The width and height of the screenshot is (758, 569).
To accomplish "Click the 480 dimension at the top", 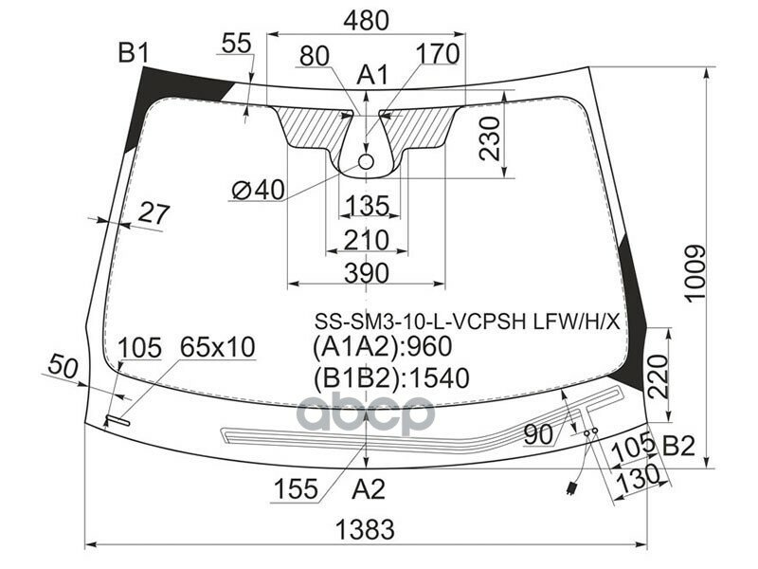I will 365,18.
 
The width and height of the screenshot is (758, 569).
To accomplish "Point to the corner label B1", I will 134,54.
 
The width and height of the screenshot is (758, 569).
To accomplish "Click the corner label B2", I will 680,445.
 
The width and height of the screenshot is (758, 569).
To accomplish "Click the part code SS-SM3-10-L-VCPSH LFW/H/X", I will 466,321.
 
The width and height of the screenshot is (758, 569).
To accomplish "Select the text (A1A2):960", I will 382,348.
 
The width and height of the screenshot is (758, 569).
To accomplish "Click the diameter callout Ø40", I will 257,191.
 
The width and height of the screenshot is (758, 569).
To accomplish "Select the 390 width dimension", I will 365,273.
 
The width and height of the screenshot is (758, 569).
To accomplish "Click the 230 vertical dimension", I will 488,139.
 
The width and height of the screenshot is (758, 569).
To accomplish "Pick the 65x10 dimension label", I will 218,348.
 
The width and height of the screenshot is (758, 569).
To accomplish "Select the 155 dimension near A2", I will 296,490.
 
